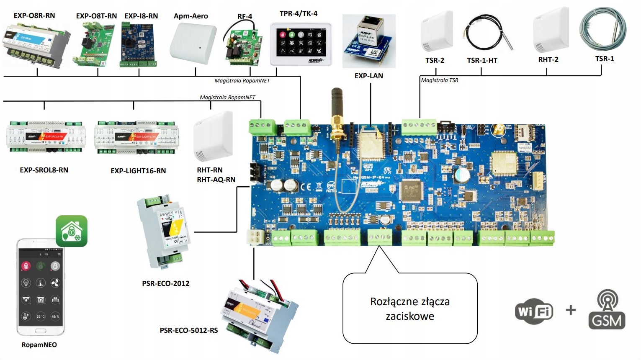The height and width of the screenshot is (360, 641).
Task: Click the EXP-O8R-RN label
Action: (x=34, y=15)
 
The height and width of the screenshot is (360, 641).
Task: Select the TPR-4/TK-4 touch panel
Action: (x=301, y=44)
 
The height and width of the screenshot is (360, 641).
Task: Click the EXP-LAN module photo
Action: (x=368, y=41)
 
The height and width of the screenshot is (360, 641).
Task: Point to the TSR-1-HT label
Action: (x=482, y=60)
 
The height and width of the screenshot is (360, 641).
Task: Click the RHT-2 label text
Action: (x=548, y=59)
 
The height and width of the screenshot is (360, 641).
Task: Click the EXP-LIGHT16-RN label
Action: (x=138, y=171)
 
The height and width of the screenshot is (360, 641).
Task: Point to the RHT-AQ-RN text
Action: (x=216, y=180)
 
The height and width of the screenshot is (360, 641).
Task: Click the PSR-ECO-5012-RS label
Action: (x=189, y=330)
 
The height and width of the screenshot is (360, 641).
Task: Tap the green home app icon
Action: (x=72, y=231)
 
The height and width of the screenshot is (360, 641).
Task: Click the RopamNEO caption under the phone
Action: (x=39, y=345)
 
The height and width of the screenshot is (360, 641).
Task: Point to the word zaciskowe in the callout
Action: (x=410, y=316)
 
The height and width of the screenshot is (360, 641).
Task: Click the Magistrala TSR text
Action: (x=439, y=80)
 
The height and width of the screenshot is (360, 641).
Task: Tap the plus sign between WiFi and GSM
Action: (x=570, y=310)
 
